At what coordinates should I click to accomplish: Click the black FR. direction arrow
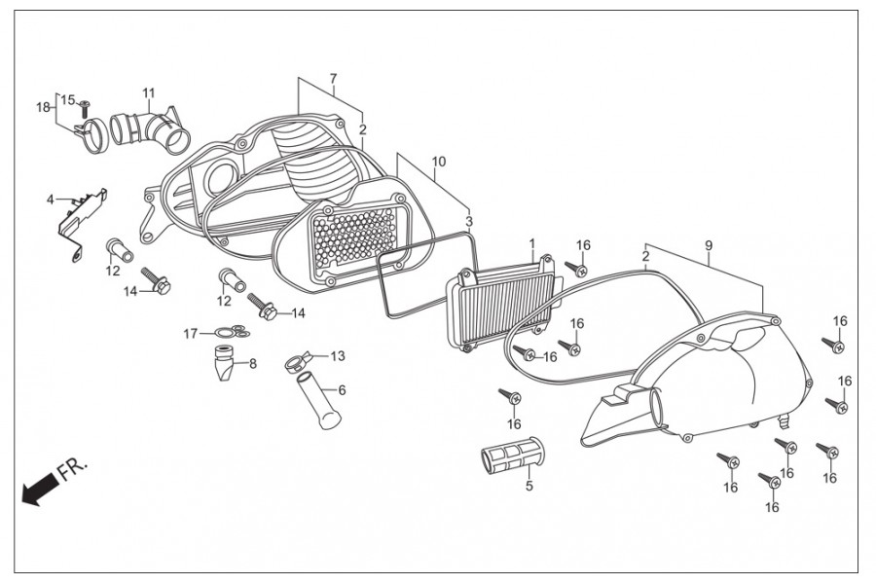coord(38,490)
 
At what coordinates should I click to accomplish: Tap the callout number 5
coord(529,485)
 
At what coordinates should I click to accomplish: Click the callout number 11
coord(148,93)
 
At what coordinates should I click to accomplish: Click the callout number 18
coord(43,106)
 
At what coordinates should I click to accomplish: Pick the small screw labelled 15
coord(85,104)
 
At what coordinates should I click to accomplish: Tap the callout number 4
coord(50,200)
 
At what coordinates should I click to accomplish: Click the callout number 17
coord(192,334)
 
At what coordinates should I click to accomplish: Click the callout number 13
coord(338,356)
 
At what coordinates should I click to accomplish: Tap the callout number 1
coord(532,242)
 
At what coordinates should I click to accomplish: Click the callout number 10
coord(438,161)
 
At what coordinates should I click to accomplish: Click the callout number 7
coord(333,78)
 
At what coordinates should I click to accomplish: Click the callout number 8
coord(253,364)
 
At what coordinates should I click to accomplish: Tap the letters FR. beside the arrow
coord(73,471)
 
